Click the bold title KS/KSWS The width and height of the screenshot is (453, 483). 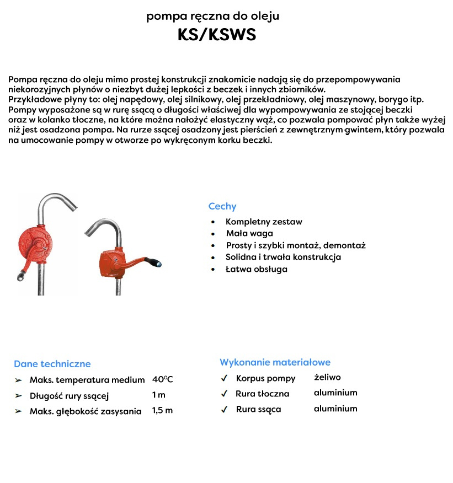click(217, 35)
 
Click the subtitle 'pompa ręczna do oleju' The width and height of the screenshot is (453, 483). click(212, 16)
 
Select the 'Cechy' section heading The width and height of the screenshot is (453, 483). click(222, 206)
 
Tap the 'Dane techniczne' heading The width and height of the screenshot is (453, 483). click(52, 364)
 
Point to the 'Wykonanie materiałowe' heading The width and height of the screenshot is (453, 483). click(275, 362)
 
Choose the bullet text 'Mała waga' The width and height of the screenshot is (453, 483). click(249, 233)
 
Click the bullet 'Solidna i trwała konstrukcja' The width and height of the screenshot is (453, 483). click(283, 257)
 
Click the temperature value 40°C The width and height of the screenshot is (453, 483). click(162, 379)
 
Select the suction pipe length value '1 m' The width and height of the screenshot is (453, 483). click(158, 395)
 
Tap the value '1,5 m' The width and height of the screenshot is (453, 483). click(162, 411)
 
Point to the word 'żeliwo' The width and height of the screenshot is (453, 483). click(327, 378)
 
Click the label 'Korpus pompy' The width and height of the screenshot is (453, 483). click(265, 378)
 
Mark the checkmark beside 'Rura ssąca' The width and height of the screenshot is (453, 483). click(224, 410)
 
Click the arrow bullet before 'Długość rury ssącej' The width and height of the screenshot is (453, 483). click(19, 396)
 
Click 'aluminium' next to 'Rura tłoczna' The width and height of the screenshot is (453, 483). click(335, 393)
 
